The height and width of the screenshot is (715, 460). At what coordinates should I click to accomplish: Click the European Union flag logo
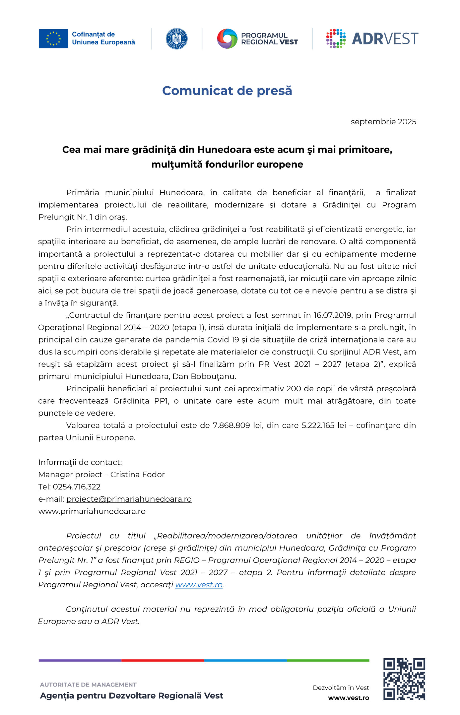pyautogui.click(x=53, y=39)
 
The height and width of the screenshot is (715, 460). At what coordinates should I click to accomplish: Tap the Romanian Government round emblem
pyautogui.click(x=177, y=39)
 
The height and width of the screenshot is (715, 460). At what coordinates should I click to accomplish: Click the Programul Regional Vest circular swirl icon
pyautogui.click(x=227, y=39)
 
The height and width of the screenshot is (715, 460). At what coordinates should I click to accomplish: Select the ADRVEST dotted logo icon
pyautogui.click(x=336, y=39)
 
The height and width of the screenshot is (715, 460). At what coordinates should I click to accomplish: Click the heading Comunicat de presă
pyautogui.click(x=227, y=90)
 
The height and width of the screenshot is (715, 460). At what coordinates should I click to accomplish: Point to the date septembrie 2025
pyautogui.click(x=383, y=122)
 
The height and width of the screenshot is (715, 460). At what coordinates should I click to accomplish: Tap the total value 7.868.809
pyautogui.click(x=231, y=426)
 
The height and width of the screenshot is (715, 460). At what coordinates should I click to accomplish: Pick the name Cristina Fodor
pyautogui.click(x=137, y=475)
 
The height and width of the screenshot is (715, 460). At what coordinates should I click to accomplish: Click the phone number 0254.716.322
pyautogui.click(x=77, y=487)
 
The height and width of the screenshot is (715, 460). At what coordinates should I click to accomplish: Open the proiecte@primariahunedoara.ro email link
pyautogui.click(x=129, y=499)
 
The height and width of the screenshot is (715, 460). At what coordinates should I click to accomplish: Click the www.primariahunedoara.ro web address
pyautogui.click(x=92, y=511)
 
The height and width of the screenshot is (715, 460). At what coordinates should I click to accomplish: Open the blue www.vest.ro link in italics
pyautogui.click(x=199, y=585)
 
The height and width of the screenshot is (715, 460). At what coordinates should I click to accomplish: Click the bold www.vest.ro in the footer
pyautogui.click(x=348, y=698)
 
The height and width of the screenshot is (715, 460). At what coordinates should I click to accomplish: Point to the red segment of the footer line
pyautogui.click(x=163, y=660)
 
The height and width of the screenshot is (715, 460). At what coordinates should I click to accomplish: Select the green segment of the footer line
pyautogui.click(x=328, y=660)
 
